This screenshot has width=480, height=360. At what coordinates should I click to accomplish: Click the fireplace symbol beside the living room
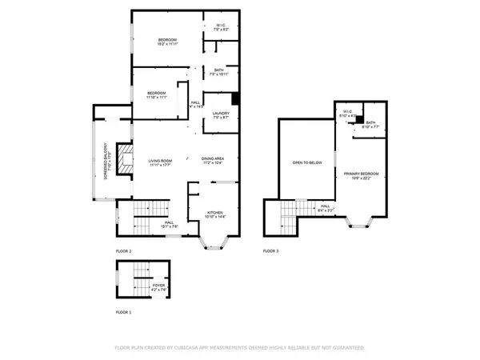[x=122, y=159]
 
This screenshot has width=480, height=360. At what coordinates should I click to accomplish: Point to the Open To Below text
[x=306, y=162]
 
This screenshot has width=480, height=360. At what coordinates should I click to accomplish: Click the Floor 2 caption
[x=125, y=251]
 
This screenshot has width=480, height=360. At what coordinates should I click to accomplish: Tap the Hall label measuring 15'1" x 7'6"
[x=169, y=224]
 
